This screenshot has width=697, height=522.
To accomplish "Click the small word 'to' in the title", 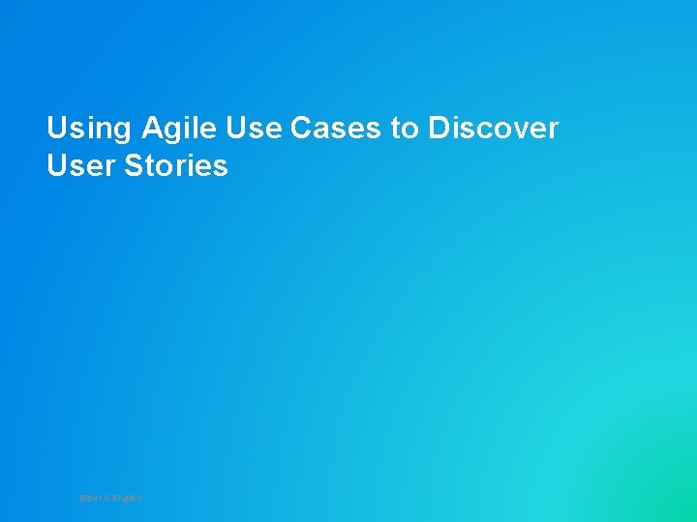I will coord(405,129).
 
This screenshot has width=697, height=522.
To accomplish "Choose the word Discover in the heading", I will coord(494,129).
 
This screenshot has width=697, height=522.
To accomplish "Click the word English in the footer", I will coord(127,498).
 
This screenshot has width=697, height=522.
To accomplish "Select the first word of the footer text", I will coord(90,498).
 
